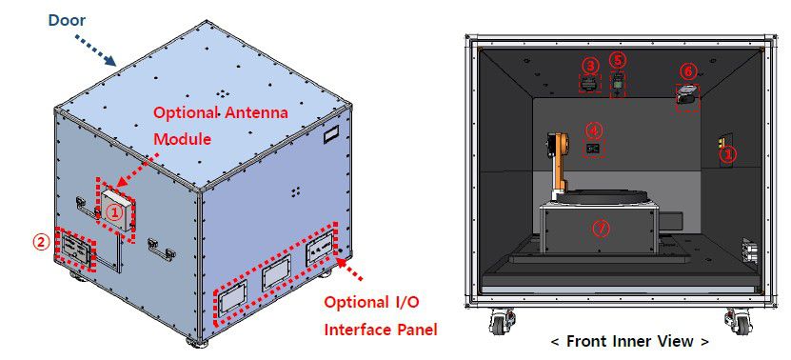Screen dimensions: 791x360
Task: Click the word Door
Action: tap(67, 20)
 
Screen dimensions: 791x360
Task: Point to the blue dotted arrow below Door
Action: tap(95, 50)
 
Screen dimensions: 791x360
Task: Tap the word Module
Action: tap(182, 138)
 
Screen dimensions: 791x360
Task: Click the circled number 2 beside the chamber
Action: tap(42, 242)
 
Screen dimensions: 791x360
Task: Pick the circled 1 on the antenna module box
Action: tap(115, 212)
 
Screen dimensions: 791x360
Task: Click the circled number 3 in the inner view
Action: tap(590, 65)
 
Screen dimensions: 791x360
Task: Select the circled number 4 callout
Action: tap(594, 130)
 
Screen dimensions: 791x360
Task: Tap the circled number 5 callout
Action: tap(619, 60)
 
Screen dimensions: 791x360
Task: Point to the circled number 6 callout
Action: tap(687, 71)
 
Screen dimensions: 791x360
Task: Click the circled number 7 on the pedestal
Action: tap(600, 229)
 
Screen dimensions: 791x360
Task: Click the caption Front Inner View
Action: tap(629, 341)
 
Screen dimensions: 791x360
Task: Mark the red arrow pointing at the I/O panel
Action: tap(349, 270)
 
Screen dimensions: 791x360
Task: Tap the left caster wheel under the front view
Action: tap(501, 322)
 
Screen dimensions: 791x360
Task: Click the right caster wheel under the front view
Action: tap(736, 322)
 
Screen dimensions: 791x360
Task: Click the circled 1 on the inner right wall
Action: tap(729, 154)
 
